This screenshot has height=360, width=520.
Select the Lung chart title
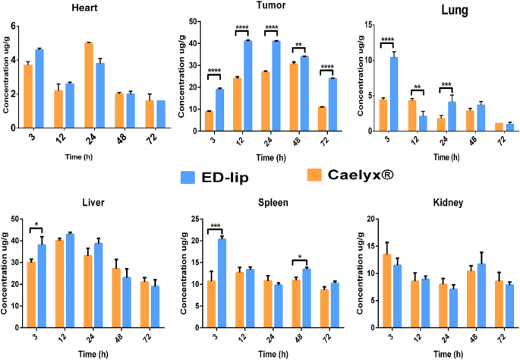tap(433, 10)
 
